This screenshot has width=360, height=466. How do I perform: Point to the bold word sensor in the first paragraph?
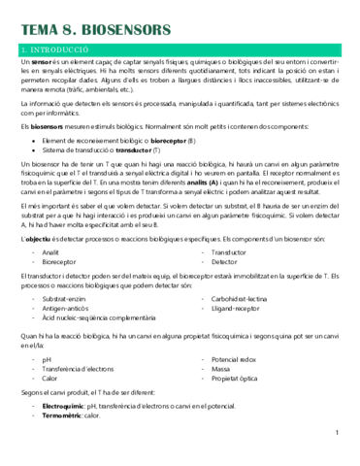(40, 61)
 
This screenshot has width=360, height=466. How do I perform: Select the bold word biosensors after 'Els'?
(48, 127)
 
